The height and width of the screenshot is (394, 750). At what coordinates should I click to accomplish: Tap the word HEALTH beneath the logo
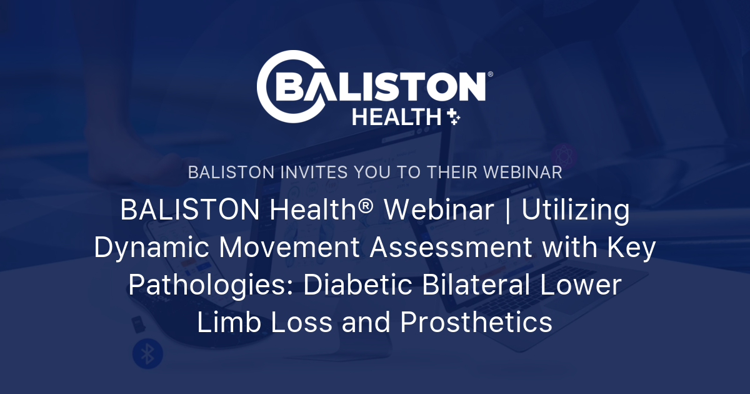(x=397, y=117)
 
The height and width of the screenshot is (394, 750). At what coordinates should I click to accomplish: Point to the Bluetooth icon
(x=147, y=354)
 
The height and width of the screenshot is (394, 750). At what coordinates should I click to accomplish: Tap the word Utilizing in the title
(x=576, y=211)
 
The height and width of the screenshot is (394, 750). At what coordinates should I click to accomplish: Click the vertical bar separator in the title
(x=506, y=211)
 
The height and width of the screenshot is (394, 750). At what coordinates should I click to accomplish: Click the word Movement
(x=289, y=248)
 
